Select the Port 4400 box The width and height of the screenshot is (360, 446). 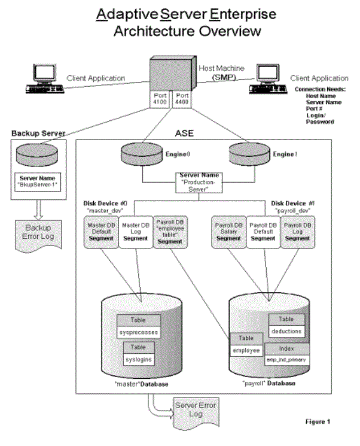(182, 99)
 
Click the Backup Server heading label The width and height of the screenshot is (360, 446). (37, 132)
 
